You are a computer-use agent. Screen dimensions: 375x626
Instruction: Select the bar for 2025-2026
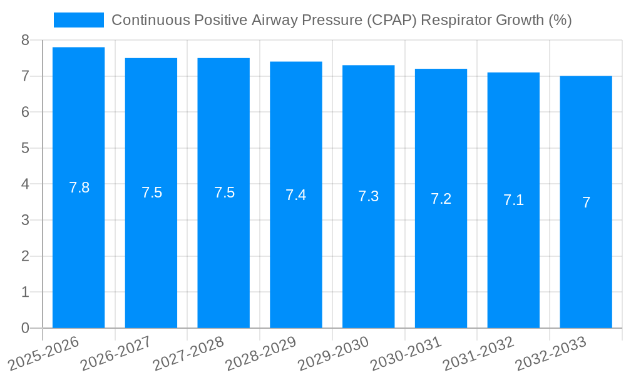78,187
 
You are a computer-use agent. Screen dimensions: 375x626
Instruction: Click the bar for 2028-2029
295,195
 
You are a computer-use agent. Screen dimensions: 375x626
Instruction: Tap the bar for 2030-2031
441,199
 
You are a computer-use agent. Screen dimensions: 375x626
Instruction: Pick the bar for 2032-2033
586,202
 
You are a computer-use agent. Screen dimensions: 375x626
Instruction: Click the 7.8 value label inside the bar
79,187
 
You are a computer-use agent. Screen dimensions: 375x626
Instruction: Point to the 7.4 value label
295,195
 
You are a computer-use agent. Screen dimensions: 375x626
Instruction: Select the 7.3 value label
368,196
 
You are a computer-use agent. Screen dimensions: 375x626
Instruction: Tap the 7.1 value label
513,200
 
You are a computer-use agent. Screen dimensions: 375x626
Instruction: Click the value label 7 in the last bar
586,202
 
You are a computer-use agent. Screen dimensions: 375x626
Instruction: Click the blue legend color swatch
79,20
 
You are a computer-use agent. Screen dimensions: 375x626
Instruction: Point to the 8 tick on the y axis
25,40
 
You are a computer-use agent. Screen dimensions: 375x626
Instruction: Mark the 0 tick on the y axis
25,328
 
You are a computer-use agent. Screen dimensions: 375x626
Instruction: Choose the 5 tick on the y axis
25,148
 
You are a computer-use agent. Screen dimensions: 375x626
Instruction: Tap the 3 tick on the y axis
25,220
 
